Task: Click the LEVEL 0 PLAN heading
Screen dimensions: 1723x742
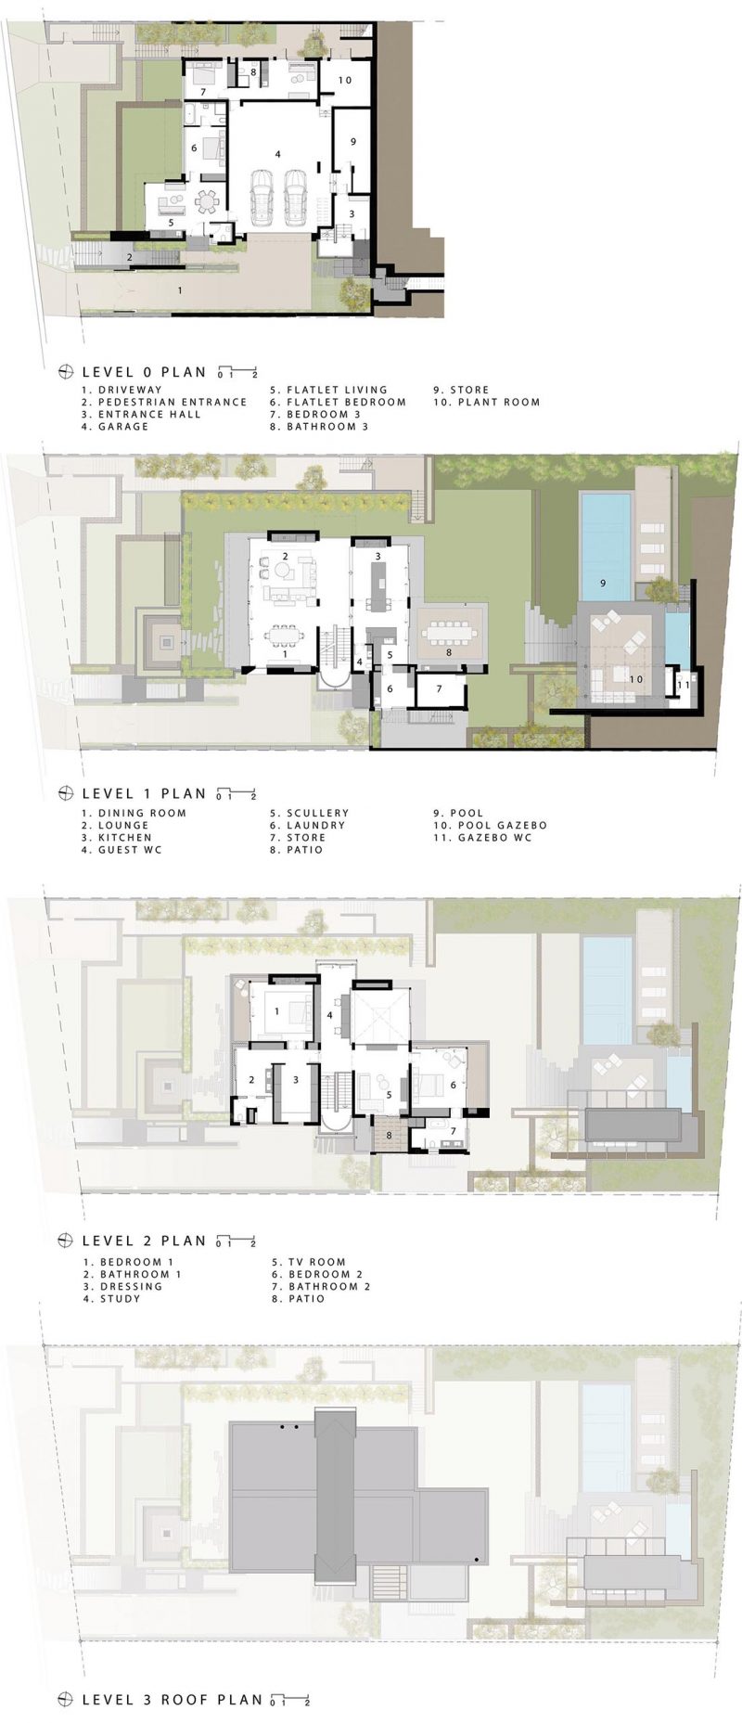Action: click(144, 372)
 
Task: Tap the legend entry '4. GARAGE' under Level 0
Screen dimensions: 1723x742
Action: click(115, 427)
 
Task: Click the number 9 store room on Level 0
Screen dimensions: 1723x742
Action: click(353, 142)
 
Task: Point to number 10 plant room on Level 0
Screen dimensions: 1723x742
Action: click(344, 81)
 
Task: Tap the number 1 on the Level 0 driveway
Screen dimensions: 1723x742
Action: click(180, 289)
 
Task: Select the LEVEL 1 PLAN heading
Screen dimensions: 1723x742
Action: click(144, 793)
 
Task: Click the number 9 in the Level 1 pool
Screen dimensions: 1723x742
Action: click(603, 584)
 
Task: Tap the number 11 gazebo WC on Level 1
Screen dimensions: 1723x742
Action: click(683, 685)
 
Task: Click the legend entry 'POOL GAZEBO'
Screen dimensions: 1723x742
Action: click(501, 825)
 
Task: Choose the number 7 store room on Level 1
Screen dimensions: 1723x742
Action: click(439, 688)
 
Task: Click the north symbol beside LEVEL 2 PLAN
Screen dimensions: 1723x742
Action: click(66, 1241)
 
